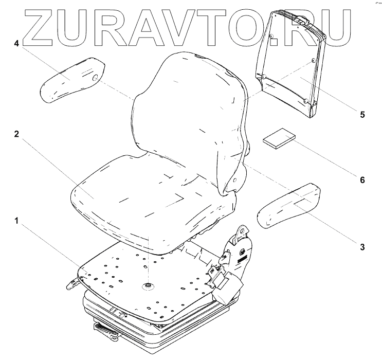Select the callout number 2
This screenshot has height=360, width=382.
tap(17, 134)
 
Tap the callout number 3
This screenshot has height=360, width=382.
tap(362, 247)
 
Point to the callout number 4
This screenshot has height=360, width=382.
tap(17, 44)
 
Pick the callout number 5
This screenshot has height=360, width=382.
tap(362, 114)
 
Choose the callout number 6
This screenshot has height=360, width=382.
tap(362, 180)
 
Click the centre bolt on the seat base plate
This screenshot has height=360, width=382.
tap(148, 285)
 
